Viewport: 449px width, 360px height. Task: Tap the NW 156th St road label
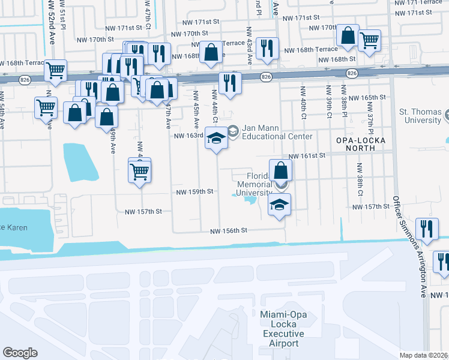pyautogui.click(x=229, y=231)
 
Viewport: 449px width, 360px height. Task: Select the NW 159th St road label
pyautogui.click(x=195, y=192)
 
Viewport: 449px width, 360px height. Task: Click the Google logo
pyautogui.click(x=20, y=352)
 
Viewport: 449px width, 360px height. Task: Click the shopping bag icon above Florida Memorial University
pyautogui.click(x=281, y=170)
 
